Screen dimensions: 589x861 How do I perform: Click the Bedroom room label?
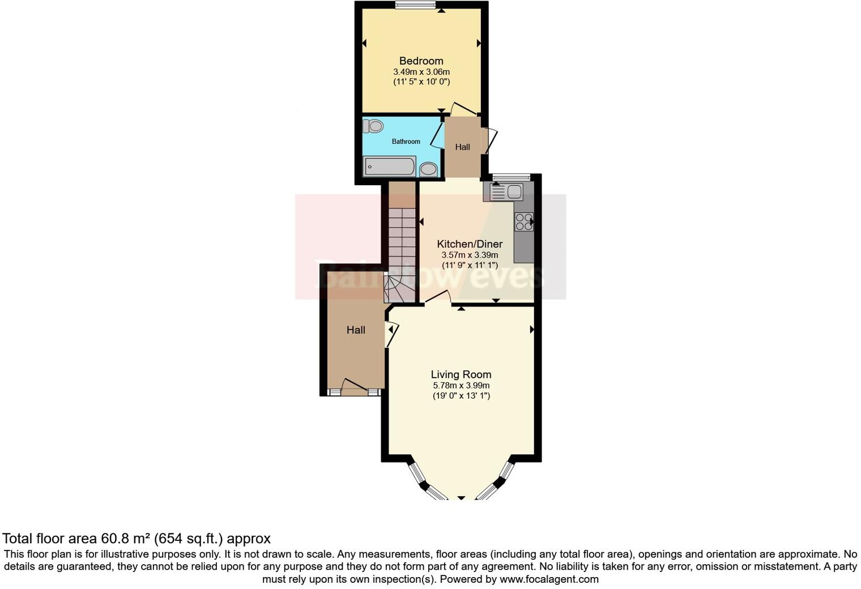[x=421, y=61]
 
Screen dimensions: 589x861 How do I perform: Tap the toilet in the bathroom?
[x=373, y=126]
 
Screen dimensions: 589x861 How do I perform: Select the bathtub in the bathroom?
[x=389, y=167]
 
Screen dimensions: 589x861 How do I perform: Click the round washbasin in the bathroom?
[x=428, y=169]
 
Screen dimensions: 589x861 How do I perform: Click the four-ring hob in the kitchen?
[x=524, y=221]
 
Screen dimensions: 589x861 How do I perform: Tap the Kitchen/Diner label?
[x=470, y=244]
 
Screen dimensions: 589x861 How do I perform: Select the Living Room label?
[x=461, y=374]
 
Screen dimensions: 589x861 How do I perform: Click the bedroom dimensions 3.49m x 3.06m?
[x=421, y=72]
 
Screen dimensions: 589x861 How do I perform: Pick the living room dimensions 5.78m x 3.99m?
[x=461, y=386]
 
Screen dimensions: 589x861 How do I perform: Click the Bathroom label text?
[x=406, y=142]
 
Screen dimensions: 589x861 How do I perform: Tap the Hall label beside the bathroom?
[x=462, y=147]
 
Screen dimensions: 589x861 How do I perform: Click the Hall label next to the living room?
[x=356, y=330]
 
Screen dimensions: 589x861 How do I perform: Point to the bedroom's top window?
[x=415, y=5]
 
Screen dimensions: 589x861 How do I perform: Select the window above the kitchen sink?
[x=511, y=177]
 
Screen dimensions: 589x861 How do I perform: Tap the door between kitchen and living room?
[x=437, y=298]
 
